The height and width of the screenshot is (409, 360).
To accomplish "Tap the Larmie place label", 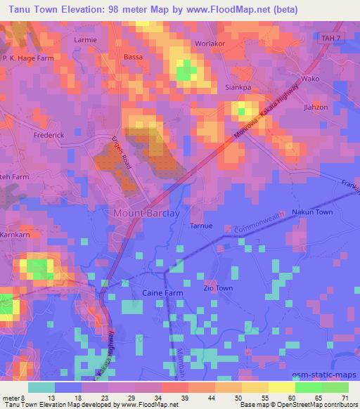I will [x=86, y=40].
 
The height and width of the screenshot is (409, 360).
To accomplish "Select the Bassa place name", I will [x=132, y=56].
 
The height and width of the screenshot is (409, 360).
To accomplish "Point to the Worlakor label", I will [x=209, y=44].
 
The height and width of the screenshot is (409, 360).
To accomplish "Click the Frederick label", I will [x=49, y=134].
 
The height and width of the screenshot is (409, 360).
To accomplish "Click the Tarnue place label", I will [x=201, y=226].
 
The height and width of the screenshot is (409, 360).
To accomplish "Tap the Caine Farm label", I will [x=143, y=291].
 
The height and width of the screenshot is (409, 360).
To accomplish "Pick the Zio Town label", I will [x=217, y=288].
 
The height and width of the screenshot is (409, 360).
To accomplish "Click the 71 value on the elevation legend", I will [x=345, y=397].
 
